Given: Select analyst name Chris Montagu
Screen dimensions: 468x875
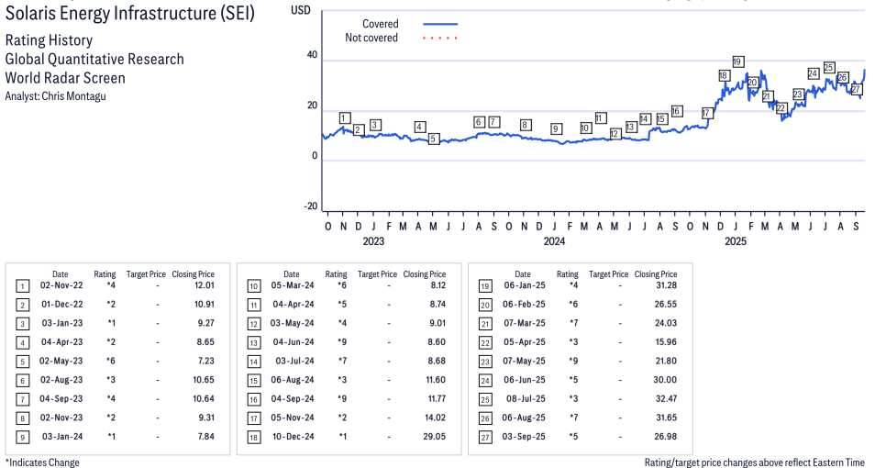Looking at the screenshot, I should pyautogui.click(x=55, y=96).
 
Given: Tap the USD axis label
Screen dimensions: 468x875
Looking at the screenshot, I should pyautogui.click(x=301, y=9).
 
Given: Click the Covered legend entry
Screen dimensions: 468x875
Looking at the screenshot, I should pyautogui.click(x=380, y=24).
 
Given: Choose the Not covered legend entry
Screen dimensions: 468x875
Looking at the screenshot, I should pyautogui.click(x=371, y=38).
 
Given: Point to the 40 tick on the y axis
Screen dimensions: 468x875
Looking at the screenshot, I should pyautogui.click(x=312, y=56).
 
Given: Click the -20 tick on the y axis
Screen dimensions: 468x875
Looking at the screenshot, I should pyautogui.click(x=310, y=206).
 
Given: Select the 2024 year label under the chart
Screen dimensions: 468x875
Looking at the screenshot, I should pyautogui.click(x=554, y=242).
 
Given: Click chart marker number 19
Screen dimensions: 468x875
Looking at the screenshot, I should pyautogui.click(x=738, y=61).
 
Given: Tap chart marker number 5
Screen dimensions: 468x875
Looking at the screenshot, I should pyautogui.click(x=434, y=139).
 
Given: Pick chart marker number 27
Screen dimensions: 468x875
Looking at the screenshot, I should pyautogui.click(x=856, y=88).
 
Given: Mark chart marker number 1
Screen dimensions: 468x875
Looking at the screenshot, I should pyautogui.click(x=344, y=117).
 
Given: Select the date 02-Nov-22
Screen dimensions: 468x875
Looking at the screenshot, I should pyautogui.click(x=61, y=286).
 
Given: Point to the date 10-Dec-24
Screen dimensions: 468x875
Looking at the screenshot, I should pyautogui.click(x=294, y=436).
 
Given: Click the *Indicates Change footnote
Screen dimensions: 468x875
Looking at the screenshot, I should pyautogui.click(x=43, y=462).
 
